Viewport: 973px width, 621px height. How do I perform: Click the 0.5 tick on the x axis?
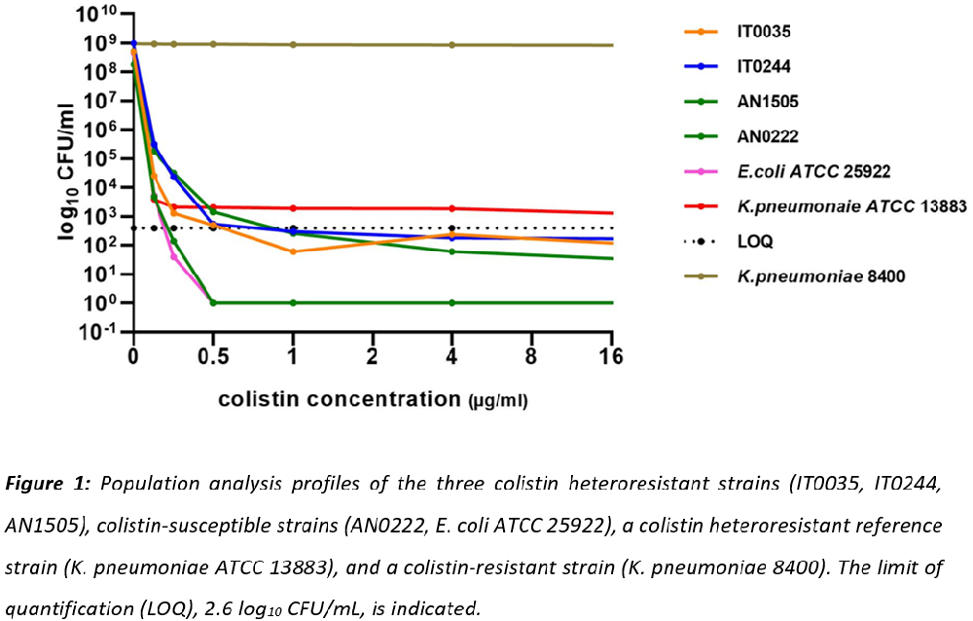pos(212,354)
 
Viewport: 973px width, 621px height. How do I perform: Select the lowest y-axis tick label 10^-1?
pos(99,332)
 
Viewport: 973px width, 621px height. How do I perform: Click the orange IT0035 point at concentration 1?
pos(293,251)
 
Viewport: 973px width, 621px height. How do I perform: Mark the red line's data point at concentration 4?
pos(451,208)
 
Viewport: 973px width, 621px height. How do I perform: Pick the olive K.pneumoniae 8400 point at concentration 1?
pos(293,45)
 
